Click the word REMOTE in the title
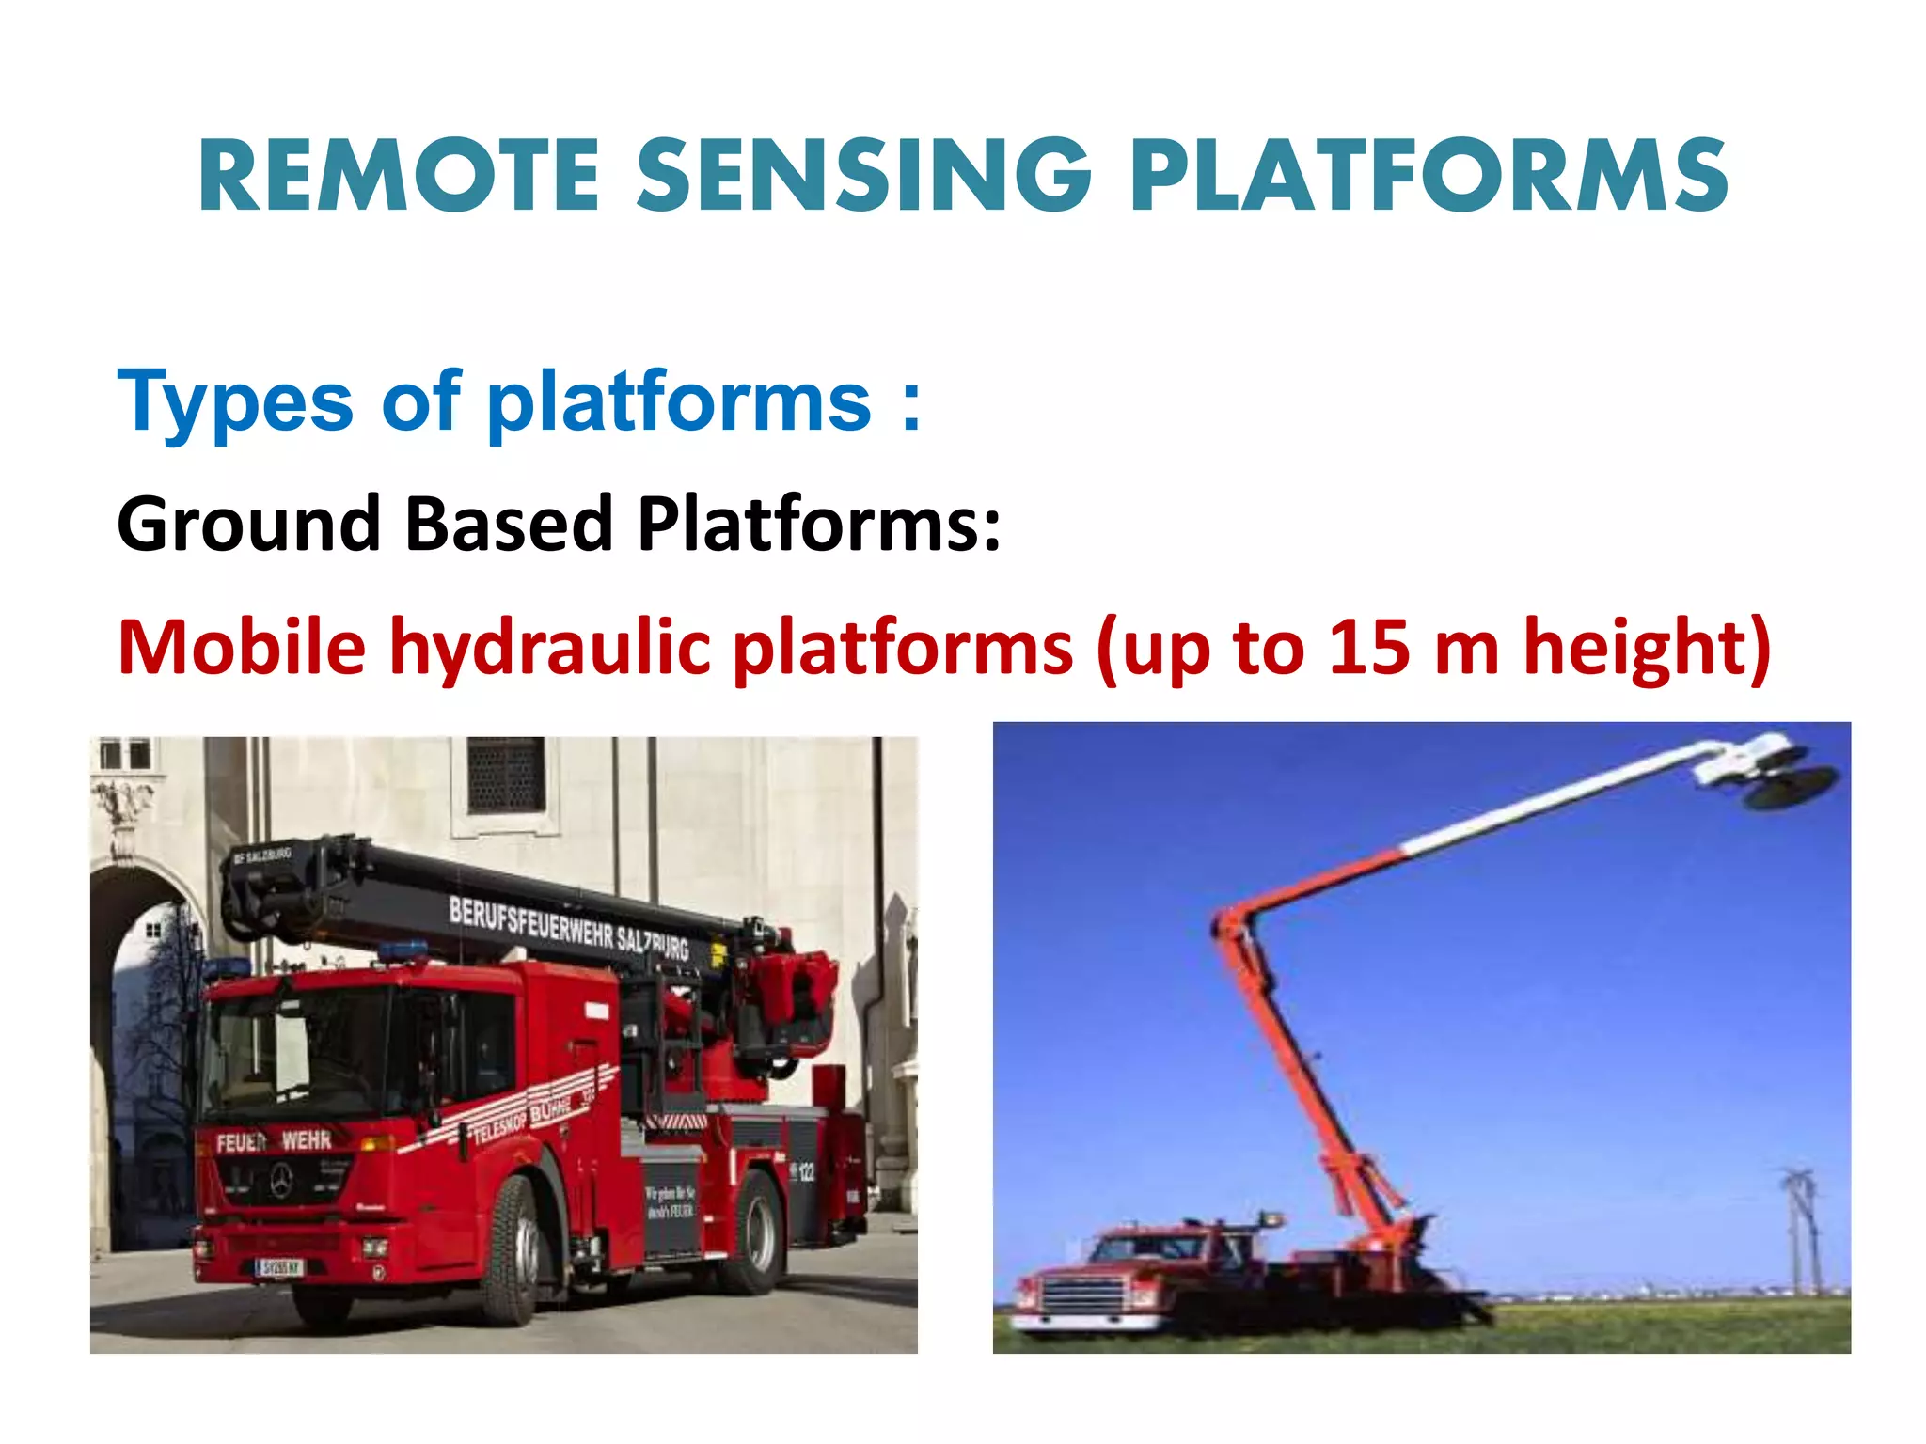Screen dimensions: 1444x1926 (399, 175)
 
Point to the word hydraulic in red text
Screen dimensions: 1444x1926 (550, 648)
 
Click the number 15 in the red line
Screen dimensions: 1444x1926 (1369, 648)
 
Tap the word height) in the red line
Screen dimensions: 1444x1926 (1647, 648)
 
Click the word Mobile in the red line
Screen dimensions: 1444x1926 (242, 648)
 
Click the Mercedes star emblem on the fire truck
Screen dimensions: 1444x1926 (281, 1181)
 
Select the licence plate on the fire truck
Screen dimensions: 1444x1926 (279, 1267)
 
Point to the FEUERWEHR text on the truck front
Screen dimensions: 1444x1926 (274, 1141)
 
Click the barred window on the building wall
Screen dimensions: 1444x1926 (506, 776)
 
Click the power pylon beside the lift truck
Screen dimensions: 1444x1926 (1801, 1232)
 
